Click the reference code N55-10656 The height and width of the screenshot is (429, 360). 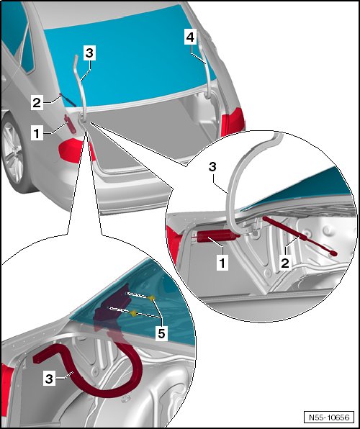click(x=329, y=417)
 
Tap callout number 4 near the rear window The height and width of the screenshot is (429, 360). click(x=191, y=37)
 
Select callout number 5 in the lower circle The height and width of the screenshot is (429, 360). click(x=161, y=334)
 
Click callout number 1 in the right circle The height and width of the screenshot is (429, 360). click(x=222, y=263)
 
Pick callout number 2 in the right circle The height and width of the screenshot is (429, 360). click(x=285, y=263)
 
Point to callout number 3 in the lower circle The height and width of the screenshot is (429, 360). click(x=49, y=379)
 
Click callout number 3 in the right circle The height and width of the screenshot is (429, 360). click(x=212, y=166)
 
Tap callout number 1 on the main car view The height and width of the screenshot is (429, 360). click(x=37, y=134)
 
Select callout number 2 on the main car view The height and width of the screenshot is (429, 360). click(x=37, y=103)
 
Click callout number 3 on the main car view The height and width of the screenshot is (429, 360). click(x=89, y=53)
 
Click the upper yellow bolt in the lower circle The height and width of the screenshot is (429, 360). click(x=152, y=298)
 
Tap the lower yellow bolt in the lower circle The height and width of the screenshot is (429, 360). click(x=134, y=313)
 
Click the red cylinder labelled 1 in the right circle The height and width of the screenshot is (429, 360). click(x=218, y=236)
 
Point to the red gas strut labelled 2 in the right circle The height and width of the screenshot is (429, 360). click(x=300, y=235)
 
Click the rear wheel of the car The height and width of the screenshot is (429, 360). click(x=14, y=153)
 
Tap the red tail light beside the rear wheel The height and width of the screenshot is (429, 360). click(x=74, y=151)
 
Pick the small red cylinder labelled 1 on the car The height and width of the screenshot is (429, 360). click(x=70, y=125)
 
